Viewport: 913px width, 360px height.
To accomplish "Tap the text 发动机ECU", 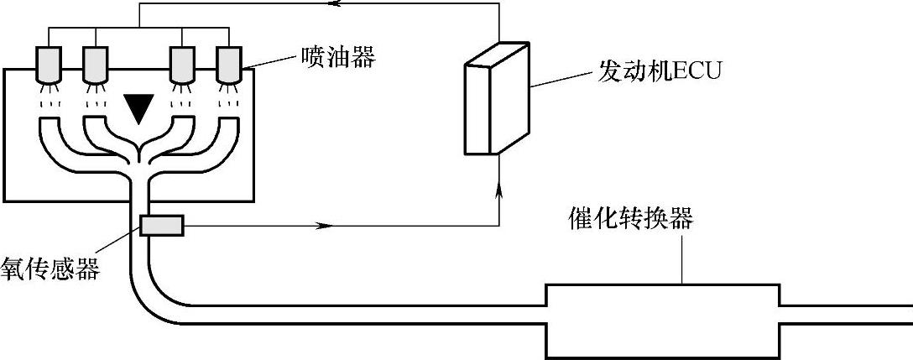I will pyautogui.click(x=659, y=70).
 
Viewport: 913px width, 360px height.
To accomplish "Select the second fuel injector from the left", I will pyautogui.click(x=97, y=64).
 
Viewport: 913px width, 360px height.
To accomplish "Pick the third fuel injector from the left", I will pyautogui.click(x=182, y=64).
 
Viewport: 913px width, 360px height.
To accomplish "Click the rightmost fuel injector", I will pyautogui.click(x=228, y=64).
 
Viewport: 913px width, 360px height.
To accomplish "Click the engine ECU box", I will pyautogui.click(x=496, y=101).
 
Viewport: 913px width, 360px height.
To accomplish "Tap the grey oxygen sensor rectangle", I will pyautogui.click(x=162, y=226).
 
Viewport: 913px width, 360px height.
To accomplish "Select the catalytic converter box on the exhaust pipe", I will pyautogui.click(x=664, y=320).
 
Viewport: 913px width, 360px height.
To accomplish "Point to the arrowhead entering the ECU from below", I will pyautogui.click(x=500, y=192).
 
